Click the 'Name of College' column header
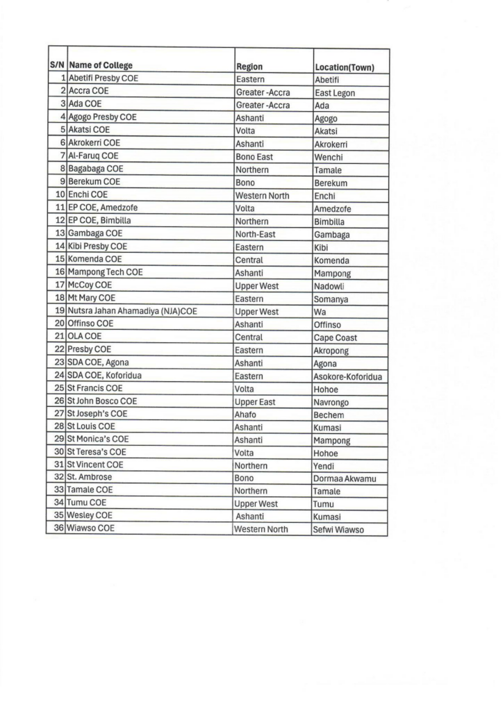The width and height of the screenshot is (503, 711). [x=101, y=66]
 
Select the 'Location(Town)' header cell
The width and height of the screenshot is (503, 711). [x=345, y=67]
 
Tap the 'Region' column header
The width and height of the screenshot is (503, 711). [x=249, y=67]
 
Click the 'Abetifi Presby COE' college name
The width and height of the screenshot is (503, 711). [x=104, y=78]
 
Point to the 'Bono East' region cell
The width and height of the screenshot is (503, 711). [x=254, y=157]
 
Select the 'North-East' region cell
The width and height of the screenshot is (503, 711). [x=256, y=234]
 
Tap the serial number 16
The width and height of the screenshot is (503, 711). [x=60, y=272]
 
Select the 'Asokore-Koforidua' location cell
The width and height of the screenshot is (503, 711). [x=348, y=377]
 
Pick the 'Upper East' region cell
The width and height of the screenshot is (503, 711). [x=256, y=402]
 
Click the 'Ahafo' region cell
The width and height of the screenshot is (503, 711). [x=247, y=415]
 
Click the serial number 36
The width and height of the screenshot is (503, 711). [x=60, y=528]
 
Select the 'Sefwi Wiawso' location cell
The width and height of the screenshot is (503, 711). [x=339, y=530]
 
